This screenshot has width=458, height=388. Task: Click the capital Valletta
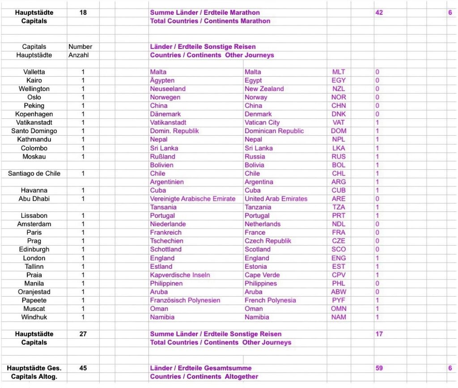click(x=34, y=72)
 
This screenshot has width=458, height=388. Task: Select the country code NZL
click(x=339, y=89)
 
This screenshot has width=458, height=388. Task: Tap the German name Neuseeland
click(x=168, y=89)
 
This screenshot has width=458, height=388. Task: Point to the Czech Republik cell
click(x=268, y=241)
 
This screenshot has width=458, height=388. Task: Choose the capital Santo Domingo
click(x=34, y=131)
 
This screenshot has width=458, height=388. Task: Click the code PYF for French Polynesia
click(x=339, y=300)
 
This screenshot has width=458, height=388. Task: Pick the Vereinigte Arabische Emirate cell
click(x=193, y=198)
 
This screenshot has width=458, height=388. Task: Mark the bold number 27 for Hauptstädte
click(x=83, y=334)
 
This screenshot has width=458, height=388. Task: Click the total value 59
click(x=379, y=368)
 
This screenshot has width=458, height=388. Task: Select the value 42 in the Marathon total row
click(x=379, y=13)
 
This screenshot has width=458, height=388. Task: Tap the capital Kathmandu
click(x=34, y=139)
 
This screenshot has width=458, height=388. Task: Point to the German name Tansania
click(x=163, y=207)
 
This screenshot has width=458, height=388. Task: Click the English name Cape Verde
click(x=262, y=275)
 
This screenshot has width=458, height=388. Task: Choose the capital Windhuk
click(x=34, y=317)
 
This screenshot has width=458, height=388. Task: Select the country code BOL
click(x=339, y=165)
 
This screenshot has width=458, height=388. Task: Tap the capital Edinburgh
click(x=34, y=249)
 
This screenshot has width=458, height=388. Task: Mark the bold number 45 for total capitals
click(x=83, y=368)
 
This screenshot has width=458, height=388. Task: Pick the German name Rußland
click(x=163, y=156)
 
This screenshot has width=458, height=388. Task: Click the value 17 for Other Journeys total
click(x=379, y=334)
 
